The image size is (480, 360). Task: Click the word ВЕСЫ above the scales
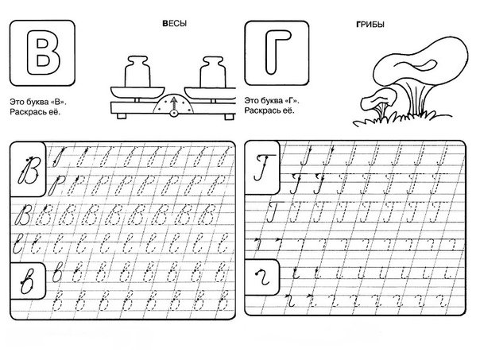pos(173,25)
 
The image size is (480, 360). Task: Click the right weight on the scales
pos(211,68)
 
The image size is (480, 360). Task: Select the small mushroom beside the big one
pos(378,103)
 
